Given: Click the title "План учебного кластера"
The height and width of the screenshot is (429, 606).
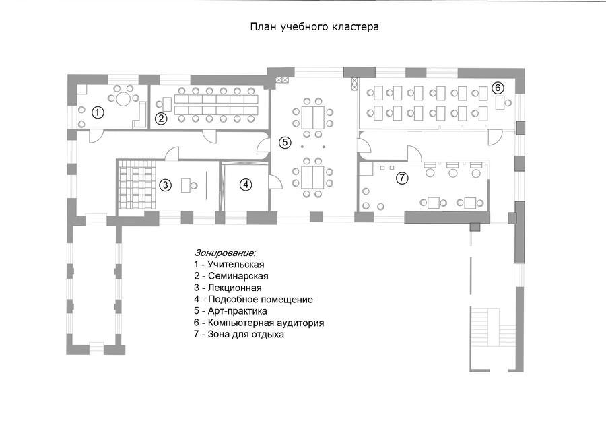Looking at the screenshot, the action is point(314,27).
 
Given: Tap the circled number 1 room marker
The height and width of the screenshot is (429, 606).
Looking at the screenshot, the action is point(98,113).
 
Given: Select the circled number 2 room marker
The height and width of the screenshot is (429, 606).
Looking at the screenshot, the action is point(161,119).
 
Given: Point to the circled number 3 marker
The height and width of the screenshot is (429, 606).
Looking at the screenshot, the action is point(165,185).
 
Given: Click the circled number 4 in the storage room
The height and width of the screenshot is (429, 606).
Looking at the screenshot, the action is point(246,185).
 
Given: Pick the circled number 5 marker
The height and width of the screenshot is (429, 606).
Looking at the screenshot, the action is point(285,143).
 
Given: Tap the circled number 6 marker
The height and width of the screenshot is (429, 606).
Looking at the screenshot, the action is point(498,88).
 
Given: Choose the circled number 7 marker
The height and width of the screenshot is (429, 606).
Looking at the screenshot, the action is point(403,178).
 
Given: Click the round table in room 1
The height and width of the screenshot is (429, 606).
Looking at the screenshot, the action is point(124,98).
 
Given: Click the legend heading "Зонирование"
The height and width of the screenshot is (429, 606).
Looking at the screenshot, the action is point(225,253).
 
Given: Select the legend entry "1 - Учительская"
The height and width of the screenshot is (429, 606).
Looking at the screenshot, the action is point(229,265).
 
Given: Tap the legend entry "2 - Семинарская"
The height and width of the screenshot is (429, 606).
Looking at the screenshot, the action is point(231,276).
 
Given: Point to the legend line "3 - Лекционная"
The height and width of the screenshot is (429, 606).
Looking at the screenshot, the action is point(228,288).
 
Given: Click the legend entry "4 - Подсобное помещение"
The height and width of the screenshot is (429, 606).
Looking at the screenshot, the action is point(254,300).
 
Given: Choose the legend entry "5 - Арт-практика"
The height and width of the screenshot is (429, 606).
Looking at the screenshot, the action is point(231,311).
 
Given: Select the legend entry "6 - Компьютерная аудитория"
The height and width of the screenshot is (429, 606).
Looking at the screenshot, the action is point(259,323).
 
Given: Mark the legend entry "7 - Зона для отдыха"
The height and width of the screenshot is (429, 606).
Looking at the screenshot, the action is point(239,334).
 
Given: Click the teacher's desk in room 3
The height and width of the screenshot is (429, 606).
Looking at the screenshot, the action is point(187,185).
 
